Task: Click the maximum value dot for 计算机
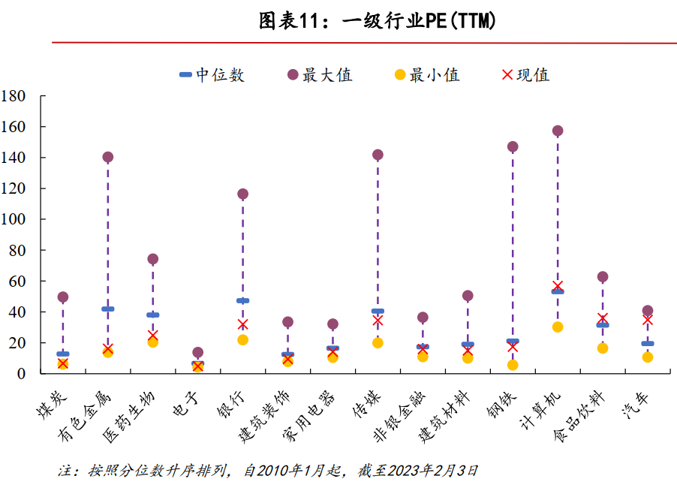pos(558,131)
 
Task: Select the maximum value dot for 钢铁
pos(513,146)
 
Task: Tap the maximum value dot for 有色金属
pos(107,157)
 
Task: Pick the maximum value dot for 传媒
pos(378,155)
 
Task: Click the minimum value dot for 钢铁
pos(513,365)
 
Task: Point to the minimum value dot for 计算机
pos(558,327)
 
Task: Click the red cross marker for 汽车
pos(647,319)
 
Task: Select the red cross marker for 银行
pos(242,324)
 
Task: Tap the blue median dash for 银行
pos(242,301)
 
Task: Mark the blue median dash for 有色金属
pos(107,309)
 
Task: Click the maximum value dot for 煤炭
pos(63,297)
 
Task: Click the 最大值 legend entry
pos(319,75)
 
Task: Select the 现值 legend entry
pos(525,75)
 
